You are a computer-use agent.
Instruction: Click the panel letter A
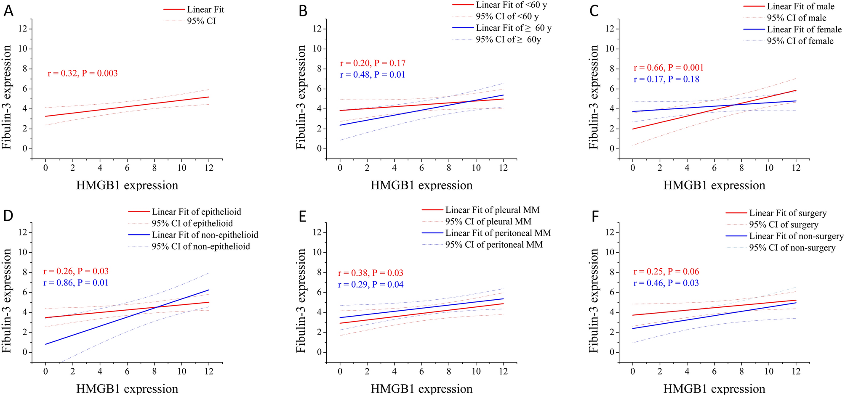coord(8,11)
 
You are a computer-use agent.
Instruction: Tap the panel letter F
coord(595,216)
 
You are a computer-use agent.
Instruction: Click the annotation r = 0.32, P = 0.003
coord(83,73)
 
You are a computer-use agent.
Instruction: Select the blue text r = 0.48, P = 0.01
coord(372,75)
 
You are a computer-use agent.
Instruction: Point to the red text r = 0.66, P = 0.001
coord(668,68)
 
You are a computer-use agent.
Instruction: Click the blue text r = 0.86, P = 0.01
coord(76,283)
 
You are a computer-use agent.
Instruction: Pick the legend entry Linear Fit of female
coord(804,29)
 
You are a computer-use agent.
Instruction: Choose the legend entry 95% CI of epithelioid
coord(192,224)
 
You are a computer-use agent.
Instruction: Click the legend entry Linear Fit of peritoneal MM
coord(498,233)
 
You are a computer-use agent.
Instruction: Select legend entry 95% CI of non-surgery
coord(792,248)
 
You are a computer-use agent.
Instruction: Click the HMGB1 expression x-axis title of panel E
coord(421,389)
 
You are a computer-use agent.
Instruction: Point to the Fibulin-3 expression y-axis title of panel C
coord(594,98)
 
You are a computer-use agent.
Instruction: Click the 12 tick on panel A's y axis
coord(23,29)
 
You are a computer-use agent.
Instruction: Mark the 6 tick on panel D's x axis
coord(127,372)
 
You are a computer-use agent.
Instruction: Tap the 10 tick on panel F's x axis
coord(769,372)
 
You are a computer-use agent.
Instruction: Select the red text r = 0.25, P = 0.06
coord(666,272)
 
